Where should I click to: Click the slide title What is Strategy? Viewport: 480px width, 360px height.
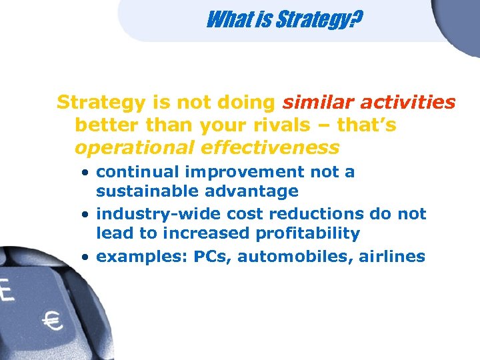pyautogui.click(x=284, y=21)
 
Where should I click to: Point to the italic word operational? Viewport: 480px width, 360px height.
pyautogui.click(x=127, y=147)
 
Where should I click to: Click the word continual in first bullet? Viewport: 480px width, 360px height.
pyautogui.click(x=139, y=172)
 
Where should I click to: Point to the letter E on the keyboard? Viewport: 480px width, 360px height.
pyautogui.click(x=7, y=291)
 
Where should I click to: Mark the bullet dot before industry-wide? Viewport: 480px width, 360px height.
pyautogui.click(x=87, y=215)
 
